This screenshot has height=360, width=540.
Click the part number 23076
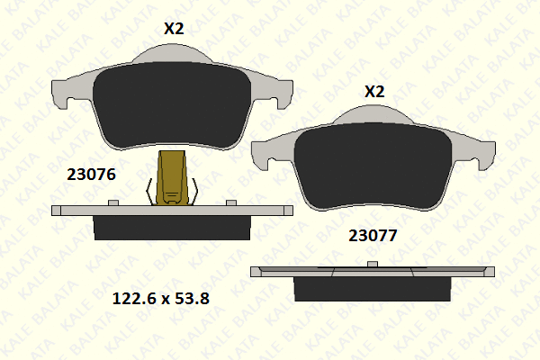(91, 175)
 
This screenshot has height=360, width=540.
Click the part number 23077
(373, 236)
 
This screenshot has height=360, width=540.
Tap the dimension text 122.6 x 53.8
(161, 298)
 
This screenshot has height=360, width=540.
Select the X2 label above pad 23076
(174, 29)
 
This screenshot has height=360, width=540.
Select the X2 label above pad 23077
(374, 92)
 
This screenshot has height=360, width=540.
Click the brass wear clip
(172, 178)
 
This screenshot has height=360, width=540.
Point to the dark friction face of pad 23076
(172, 106)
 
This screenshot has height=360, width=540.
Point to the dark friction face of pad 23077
(373, 166)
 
